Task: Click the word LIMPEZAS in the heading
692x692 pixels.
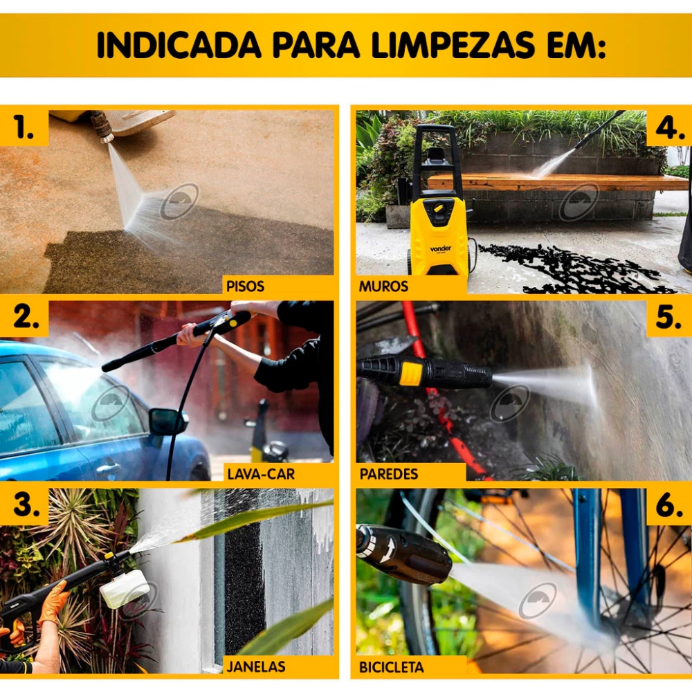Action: coord(453,45)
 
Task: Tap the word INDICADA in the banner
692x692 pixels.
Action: coord(179,45)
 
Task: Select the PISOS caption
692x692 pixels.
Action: coord(246,286)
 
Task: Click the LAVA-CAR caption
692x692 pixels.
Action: coord(261,474)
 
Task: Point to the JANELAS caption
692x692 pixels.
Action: coord(256,666)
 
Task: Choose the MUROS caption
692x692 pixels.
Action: coord(383,286)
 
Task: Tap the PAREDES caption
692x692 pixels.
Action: coord(389,474)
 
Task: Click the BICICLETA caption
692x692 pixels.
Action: coord(392,667)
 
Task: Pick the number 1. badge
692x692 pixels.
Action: coord(24,127)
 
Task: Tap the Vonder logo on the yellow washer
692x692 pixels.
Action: coord(440,248)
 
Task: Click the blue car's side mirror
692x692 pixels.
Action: coord(167,421)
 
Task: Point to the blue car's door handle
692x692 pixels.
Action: coord(108,468)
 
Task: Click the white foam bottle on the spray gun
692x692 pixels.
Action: coord(125,589)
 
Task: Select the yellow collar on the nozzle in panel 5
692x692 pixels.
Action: coord(410,372)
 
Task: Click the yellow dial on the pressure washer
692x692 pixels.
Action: coord(438,208)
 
